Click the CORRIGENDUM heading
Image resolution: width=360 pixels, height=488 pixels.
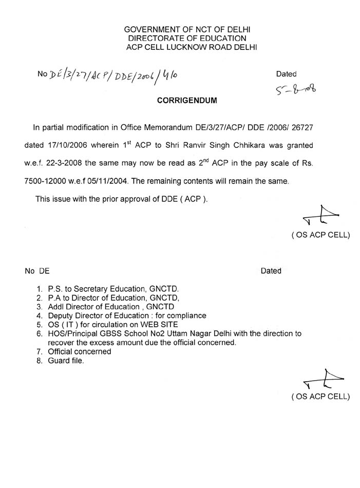pos(187,101)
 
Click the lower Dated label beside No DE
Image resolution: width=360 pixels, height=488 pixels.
pos(271,271)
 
